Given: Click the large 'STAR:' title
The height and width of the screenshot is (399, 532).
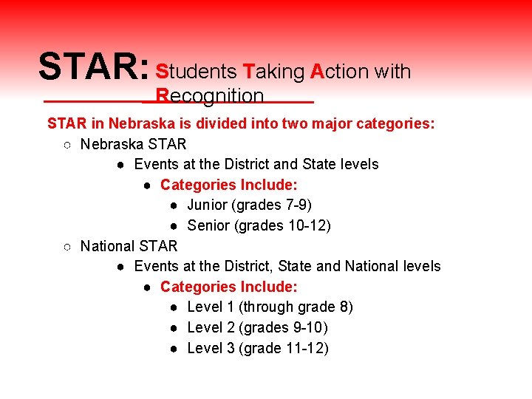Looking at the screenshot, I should [94, 66].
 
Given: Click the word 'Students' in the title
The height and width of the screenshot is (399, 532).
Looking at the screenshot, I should [195, 71].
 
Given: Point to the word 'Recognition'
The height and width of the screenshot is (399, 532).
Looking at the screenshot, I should [210, 96].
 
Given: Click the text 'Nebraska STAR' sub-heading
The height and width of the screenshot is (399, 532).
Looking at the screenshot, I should [133, 143].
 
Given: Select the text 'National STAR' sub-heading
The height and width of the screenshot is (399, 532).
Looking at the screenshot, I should [129, 245].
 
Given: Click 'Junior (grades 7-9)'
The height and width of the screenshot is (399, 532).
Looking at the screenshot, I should [249, 205].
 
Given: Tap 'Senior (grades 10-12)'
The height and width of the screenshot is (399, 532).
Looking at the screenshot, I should [259, 225].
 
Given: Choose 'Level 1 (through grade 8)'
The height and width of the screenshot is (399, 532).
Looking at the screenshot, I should [270, 307].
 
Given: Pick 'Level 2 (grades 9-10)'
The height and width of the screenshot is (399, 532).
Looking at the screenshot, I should [257, 327].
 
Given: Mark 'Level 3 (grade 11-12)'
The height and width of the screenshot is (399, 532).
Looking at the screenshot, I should [257, 348].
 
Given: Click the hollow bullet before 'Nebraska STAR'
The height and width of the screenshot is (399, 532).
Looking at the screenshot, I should [66, 144].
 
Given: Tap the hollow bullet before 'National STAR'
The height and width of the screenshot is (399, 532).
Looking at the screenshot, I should [66, 246].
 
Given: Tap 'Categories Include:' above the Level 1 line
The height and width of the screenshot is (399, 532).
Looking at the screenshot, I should [228, 286].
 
